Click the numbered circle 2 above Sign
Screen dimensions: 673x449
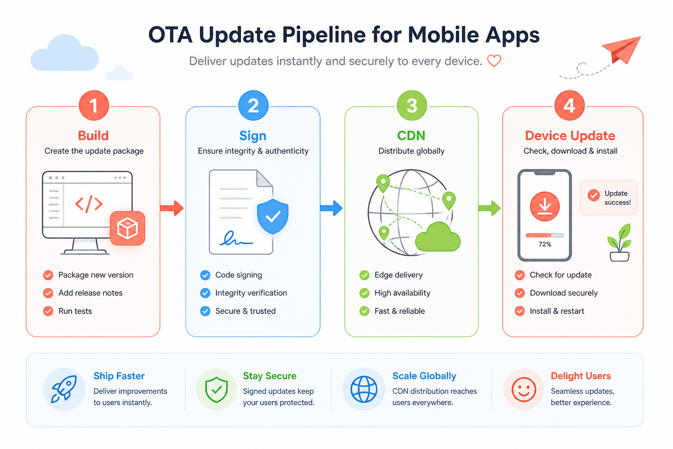(x=253, y=106)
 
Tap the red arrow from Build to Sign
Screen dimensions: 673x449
(x=172, y=208)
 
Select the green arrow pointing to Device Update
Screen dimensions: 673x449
(x=489, y=208)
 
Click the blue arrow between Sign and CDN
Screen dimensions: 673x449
(x=331, y=208)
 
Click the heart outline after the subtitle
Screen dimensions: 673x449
(x=494, y=61)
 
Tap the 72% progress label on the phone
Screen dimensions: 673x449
(x=545, y=244)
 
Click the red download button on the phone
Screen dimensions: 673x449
(x=545, y=207)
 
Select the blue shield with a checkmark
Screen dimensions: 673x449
(x=273, y=216)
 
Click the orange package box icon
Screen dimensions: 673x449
(x=128, y=228)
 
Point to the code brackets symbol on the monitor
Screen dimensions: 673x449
(x=89, y=204)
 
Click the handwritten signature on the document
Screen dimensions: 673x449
(x=236, y=239)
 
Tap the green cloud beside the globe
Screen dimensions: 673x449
(x=438, y=237)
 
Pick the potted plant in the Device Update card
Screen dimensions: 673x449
(x=620, y=242)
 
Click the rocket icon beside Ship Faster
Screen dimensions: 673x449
(x=64, y=389)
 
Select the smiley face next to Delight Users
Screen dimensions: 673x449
(x=524, y=389)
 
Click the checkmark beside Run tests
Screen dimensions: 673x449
(x=48, y=311)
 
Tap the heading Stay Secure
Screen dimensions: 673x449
(x=269, y=376)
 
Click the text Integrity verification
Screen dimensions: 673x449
(x=251, y=293)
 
